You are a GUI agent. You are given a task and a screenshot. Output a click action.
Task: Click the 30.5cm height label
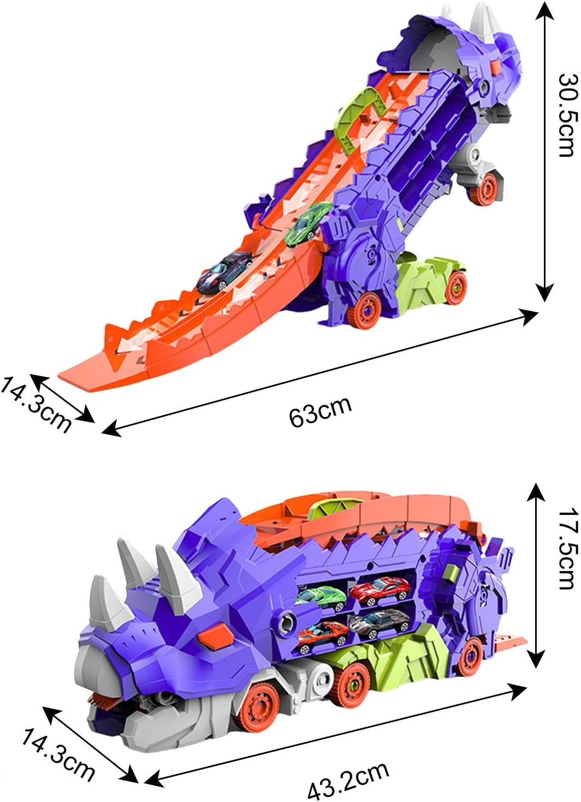pyautogui.click(x=566, y=115)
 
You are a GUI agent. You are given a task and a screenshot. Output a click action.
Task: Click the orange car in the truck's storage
pyautogui.click(x=322, y=635)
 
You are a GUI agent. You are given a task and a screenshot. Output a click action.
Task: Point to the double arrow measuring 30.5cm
pyautogui.click(x=542, y=150)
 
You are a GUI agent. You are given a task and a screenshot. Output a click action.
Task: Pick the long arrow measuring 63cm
pyautogui.click(x=319, y=373)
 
